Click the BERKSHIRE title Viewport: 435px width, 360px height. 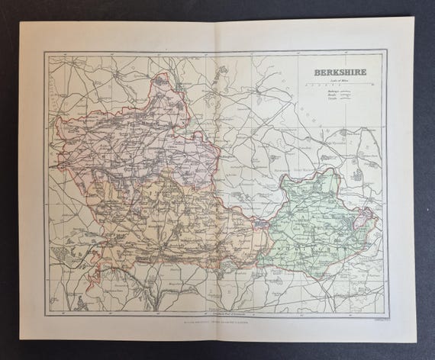(339, 72)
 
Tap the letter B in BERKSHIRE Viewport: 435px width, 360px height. (315, 72)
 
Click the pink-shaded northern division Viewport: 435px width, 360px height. (145, 137)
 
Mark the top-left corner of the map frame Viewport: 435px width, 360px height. (45, 51)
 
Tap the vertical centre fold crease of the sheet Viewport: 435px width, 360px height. (217, 183)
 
